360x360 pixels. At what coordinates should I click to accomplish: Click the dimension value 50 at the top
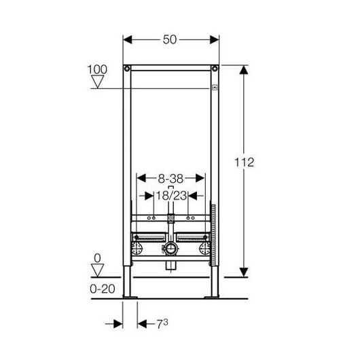click(170, 39)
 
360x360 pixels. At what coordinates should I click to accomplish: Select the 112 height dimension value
click(245, 162)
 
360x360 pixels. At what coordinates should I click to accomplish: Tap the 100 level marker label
click(97, 69)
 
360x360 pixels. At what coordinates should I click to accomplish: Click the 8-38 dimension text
click(170, 179)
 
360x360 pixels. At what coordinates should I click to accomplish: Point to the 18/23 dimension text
click(171, 196)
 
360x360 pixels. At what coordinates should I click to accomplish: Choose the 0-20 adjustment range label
click(103, 289)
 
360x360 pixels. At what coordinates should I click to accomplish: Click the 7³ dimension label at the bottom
click(162, 324)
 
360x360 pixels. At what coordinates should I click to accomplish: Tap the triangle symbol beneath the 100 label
click(98, 82)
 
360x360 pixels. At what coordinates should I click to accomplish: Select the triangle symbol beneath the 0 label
click(98, 270)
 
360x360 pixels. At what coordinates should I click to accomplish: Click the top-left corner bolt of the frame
click(127, 69)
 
